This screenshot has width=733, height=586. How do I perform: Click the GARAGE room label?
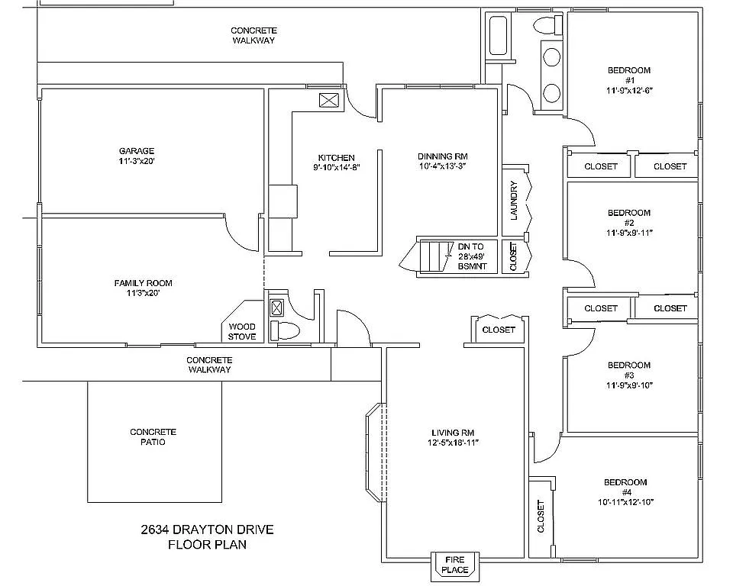[x=137, y=151]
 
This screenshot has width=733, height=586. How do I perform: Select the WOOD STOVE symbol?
[x=242, y=332]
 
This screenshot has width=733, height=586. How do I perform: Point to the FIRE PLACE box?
[x=455, y=565]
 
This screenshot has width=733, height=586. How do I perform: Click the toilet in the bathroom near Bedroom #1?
[x=546, y=25]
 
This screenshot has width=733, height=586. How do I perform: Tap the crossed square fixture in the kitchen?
[x=329, y=100]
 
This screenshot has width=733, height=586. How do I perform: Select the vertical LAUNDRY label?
[x=514, y=201]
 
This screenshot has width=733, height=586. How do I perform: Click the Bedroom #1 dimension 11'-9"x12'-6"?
[x=629, y=90]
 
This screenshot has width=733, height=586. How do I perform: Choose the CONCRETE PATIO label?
[x=153, y=436]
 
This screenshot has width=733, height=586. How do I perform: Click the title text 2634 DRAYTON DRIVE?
[x=207, y=530]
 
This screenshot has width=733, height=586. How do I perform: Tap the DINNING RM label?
[x=442, y=156]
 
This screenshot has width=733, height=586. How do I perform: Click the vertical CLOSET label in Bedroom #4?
[x=541, y=517]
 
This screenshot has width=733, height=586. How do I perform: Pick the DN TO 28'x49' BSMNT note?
[x=471, y=256]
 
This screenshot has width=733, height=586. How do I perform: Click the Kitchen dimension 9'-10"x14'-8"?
[x=336, y=167]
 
